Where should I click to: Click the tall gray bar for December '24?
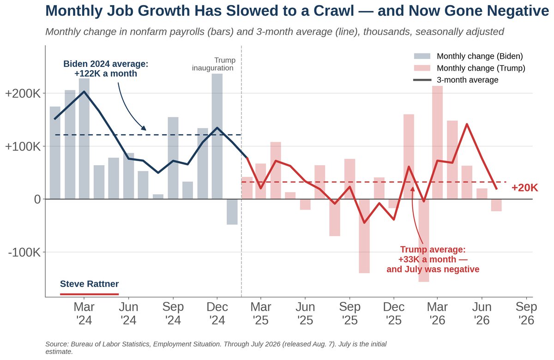coord(217,136)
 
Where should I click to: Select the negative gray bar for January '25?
coord(232,212)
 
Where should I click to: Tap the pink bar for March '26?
coord(437,143)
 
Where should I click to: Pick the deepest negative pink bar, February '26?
coord(424,240)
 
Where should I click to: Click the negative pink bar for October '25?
coord(364,236)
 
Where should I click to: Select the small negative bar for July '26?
coord(496,205)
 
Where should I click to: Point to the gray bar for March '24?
coord(84,139)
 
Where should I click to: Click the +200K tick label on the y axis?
coord(23,93)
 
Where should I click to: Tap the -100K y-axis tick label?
coord(24,252)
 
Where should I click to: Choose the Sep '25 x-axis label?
coord(349,313)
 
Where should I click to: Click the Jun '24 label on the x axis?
coord(128,313)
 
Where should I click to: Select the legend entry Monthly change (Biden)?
coord(469,56)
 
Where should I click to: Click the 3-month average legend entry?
coord(456,80)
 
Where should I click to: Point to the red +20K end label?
coord(524,188)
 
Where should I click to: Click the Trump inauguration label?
coord(214,64)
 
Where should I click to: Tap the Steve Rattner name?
coord(89,284)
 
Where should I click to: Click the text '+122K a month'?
coord(106,73)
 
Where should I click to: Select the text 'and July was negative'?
coord(433,269)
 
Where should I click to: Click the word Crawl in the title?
coord(334,11)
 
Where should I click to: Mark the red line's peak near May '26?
coord(467,124)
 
